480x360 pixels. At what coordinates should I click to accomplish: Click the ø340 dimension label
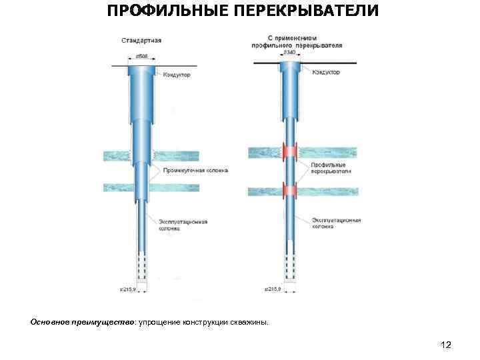click(289, 52)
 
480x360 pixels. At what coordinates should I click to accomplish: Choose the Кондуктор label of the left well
click(177, 75)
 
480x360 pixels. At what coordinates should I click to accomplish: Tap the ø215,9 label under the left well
click(129, 289)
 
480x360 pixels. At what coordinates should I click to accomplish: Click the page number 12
click(446, 345)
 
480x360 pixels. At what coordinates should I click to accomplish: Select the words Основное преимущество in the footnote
click(83, 323)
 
